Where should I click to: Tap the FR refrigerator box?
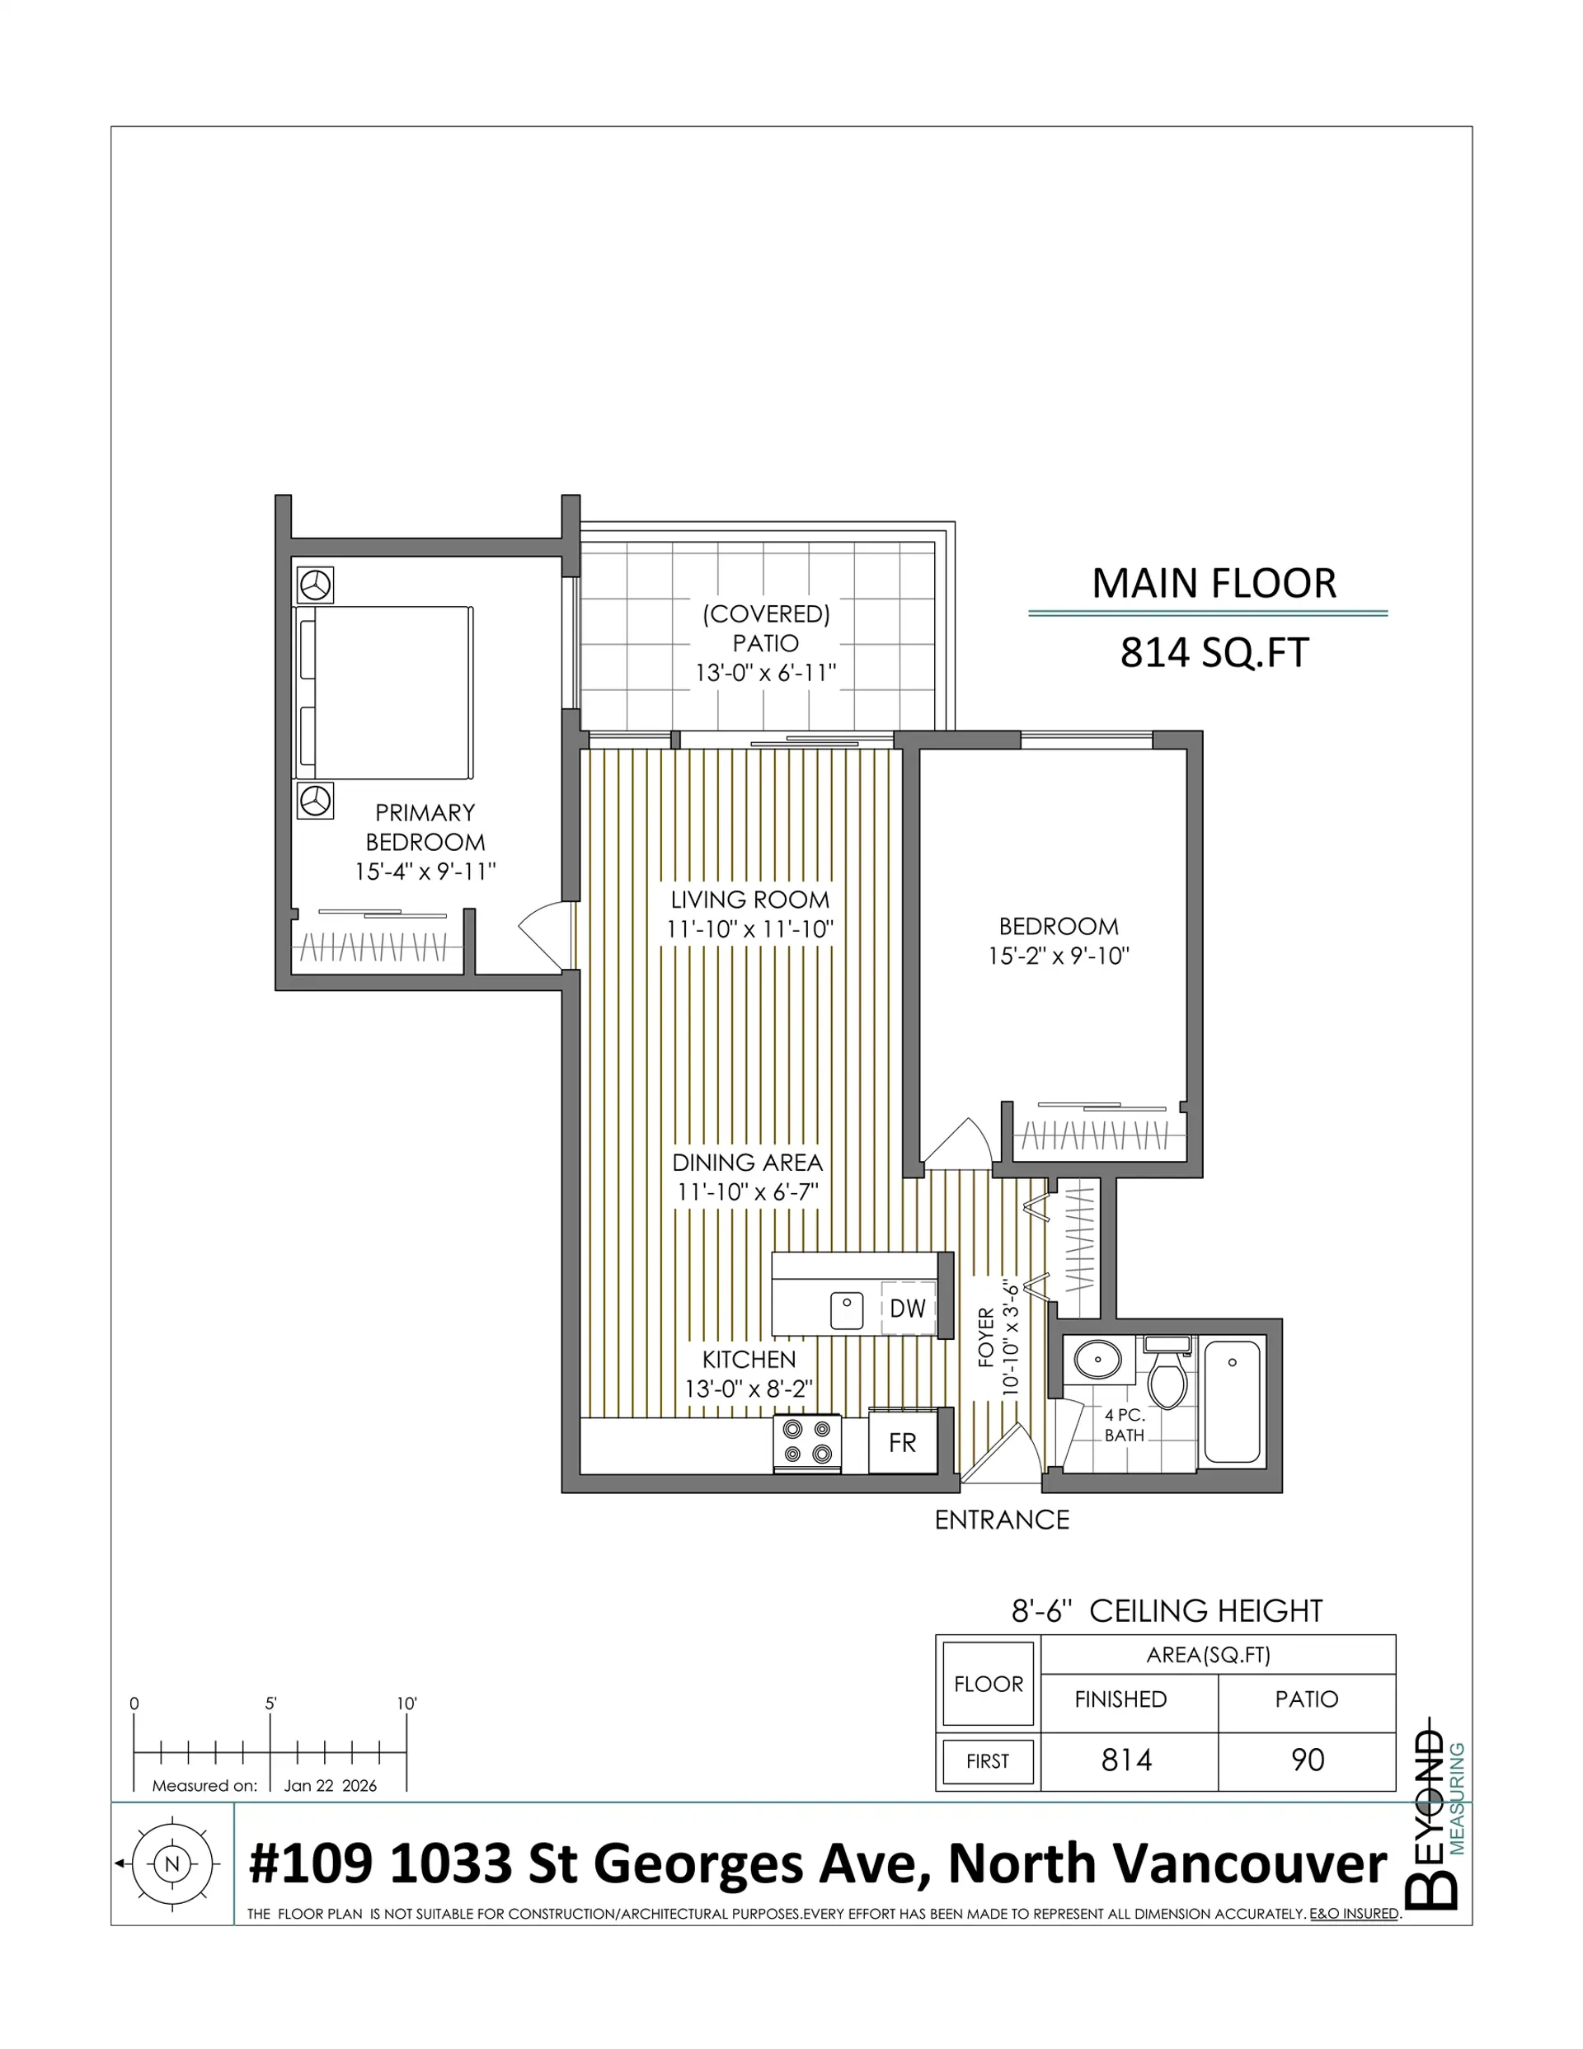click(902, 1442)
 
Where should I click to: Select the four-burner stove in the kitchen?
click(807, 1442)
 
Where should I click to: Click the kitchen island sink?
click(848, 1311)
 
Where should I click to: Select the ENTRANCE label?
click(1001, 1519)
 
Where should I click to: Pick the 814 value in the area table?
click(1126, 1760)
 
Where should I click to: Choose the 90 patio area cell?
click(1307, 1760)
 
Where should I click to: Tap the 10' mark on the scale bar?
click(406, 1704)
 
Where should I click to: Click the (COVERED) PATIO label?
click(766, 628)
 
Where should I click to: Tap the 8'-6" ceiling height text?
click(1167, 1611)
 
